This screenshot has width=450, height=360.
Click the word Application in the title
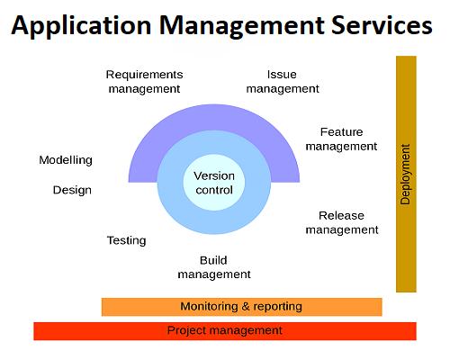[81, 26]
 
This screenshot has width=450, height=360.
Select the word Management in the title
[241, 26]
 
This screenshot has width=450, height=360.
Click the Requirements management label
[144, 82]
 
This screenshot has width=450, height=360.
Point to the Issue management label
[283, 82]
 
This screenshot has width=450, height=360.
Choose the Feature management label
[341, 139]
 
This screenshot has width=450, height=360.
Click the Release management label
[342, 222]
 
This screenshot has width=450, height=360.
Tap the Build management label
[214, 267]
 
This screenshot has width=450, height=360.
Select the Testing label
[127, 240]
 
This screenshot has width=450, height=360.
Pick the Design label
[72, 190]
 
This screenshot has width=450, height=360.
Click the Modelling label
[66, 160]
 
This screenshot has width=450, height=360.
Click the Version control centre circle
[214, 183]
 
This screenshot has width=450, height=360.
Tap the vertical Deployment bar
[406, 174]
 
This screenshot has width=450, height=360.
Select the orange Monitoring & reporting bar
[242, 307]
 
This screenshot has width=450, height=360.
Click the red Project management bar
[225, 331]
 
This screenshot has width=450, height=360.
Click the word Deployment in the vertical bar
[405, 175]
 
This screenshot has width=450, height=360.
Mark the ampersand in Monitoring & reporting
[246, 306]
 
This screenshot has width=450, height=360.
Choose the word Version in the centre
[214, 175]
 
